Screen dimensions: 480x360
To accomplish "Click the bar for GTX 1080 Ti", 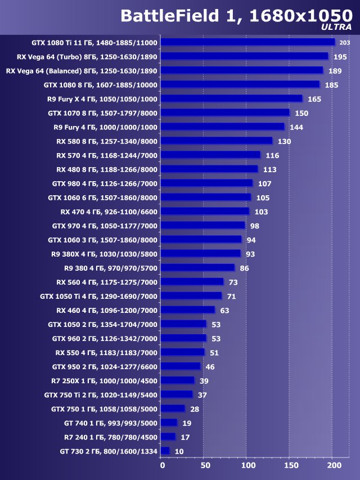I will [247, 42].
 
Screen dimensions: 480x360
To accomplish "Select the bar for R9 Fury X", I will [231, 98].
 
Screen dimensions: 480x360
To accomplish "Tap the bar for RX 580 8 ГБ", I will [216, 141].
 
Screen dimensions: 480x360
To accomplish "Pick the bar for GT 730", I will [165, 451].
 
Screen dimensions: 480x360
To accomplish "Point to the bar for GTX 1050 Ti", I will [191, 296].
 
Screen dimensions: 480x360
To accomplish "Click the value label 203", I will [345, 43].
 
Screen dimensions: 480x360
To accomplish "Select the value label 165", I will [314, 99].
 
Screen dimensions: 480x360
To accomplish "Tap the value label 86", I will [244, 268].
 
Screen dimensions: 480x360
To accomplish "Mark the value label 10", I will [179, 451].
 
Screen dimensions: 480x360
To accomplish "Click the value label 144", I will [296, 127].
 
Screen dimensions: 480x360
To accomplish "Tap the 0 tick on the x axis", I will [161, 466].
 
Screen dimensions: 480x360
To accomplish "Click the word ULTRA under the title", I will [336, 26].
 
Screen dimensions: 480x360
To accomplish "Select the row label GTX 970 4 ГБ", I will [105, 226].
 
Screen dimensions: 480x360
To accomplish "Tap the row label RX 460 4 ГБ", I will [107, 310].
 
